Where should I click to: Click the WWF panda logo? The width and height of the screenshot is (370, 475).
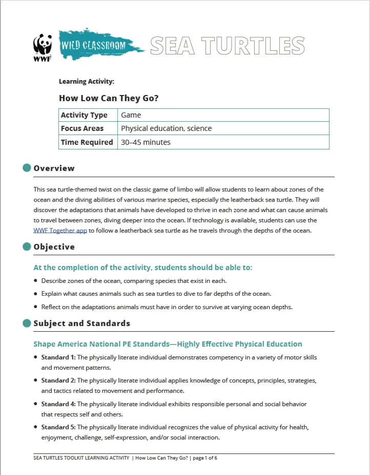tap(42, 47)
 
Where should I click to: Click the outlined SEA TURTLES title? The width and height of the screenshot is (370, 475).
tap(227, 45)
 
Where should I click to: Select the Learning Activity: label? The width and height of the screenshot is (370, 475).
tap(86, 81)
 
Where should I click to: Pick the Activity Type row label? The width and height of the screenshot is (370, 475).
tap(84, 115)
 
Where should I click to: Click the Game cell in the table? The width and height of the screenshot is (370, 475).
tap(131, 115)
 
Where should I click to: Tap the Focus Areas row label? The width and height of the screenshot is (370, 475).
tap(82, 128)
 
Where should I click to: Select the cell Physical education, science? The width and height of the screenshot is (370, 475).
tap(166, 128)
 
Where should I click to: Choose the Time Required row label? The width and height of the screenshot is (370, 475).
tap(87, 142)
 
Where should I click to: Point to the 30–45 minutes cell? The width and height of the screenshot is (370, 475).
tap(146, 142)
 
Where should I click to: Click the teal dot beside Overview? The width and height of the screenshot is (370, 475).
tap(27, 168)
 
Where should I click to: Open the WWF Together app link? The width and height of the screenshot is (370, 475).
tap(60, 231)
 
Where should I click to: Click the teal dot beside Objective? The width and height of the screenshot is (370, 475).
tap(27, 246)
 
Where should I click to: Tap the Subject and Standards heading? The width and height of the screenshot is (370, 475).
tap(81, 324)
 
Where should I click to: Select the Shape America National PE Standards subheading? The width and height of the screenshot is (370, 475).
tap(168, 344)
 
